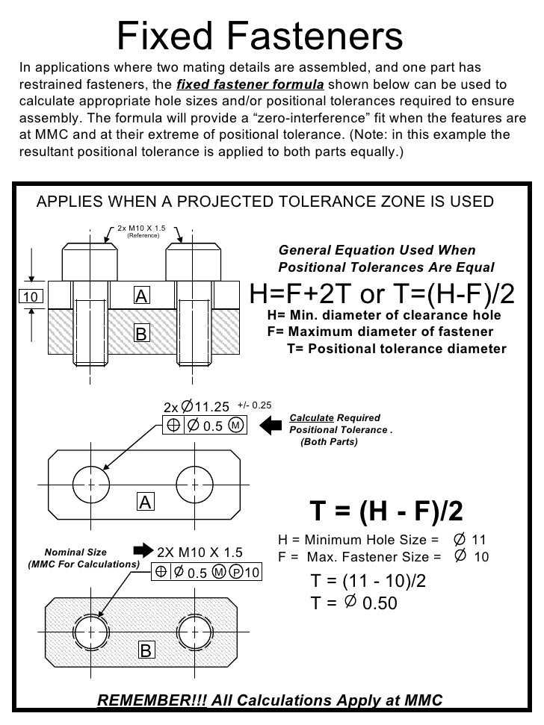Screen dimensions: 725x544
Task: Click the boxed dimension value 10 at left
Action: [31, 297]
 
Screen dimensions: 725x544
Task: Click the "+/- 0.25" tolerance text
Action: [254, 405]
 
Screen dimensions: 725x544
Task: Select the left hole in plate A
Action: [90, 483]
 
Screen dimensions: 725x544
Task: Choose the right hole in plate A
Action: [194, 483]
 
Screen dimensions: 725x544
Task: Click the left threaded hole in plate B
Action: [90, 632]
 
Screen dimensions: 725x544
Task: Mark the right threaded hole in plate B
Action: [194, 632]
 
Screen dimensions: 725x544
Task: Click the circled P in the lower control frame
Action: [235, 572]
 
